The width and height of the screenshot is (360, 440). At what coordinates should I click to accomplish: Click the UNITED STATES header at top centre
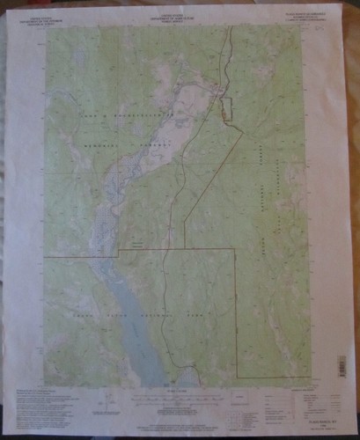point(179,12)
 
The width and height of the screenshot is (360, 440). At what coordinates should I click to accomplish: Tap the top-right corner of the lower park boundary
point(233,249)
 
